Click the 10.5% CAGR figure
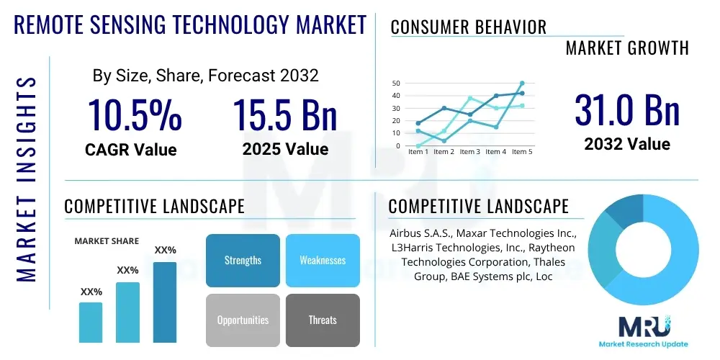[x=135, y=115]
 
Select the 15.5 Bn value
[x=285, y=115]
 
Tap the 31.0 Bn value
[x=627, y=110]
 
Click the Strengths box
[x=243, y=260]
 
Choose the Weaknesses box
[x=323, y=260]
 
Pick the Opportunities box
[x=243, y=320]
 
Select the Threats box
[x=323, y=320]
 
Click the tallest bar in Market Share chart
[x=165, y=302]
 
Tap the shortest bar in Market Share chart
[x=91, y=322]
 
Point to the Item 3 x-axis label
[x=470, y=152]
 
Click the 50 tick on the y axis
[x=396, y=84]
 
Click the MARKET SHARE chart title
[x=107, y=241]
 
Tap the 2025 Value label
[x=285, y=150]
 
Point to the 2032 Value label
[x=627, y=144]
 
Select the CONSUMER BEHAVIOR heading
[x=469, y=27]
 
